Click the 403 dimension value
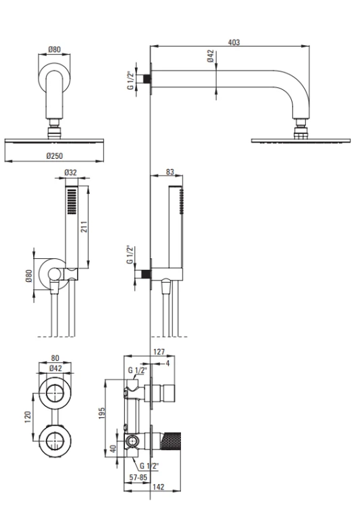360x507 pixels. click(234, 43)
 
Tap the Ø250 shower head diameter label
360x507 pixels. click(55, 156)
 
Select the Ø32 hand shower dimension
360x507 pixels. click(70, 172)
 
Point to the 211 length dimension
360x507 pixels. click(84, 227)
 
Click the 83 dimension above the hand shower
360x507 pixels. click(170, 172)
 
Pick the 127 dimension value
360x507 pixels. click(159, 352)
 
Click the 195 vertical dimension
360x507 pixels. click(101, 414)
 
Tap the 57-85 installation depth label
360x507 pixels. click(138, 477)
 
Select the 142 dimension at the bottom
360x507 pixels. click(158, 487)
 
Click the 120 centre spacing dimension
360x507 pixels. click(28, 417)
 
